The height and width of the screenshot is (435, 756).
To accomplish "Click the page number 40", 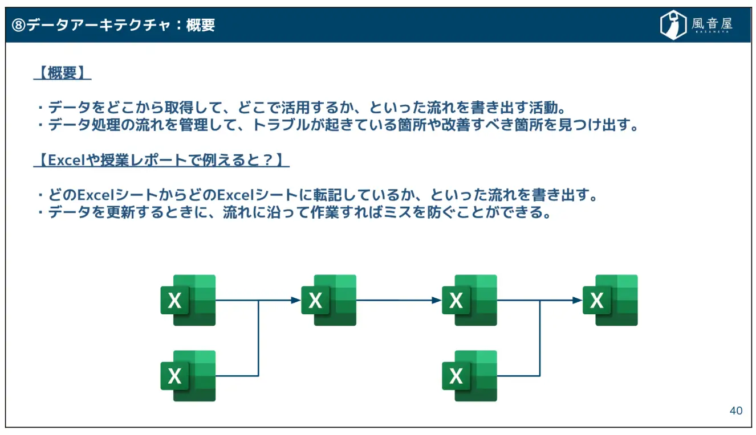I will coord(736,411).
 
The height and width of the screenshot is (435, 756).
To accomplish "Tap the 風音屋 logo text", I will coord(712,23).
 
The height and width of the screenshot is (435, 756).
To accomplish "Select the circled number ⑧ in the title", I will coord(19,26).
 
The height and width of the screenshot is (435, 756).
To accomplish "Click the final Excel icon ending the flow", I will coord(610,300).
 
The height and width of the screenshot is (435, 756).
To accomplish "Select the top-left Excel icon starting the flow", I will coord(188,300).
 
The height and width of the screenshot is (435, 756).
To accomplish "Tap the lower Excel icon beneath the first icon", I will coord(188,376).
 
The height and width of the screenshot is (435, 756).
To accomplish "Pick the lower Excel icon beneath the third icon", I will coord(469,376).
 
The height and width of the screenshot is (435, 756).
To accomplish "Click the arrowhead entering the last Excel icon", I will coord(578,300).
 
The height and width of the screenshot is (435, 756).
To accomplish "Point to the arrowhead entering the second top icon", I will coord(296,300).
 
